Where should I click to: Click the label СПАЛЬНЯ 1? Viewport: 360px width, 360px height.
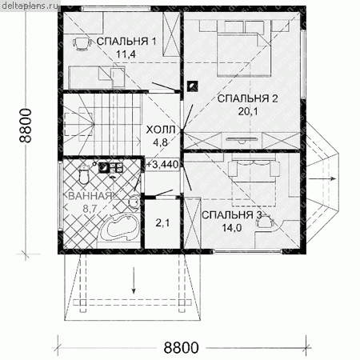pyautogui.click(x=126, y=42)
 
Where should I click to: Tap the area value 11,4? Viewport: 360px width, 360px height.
pyautogui.click(x=126, y=54)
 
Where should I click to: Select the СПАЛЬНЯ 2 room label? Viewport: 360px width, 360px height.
pyautogui.click(x=248, y=98)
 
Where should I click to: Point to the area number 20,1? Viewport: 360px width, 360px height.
pyautogui.click(x=248, y=111)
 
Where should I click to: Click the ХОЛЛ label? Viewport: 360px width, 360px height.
pyautogui.click(x=161, y=130)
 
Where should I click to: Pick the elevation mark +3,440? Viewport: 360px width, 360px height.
pyautogui.click(x=162, y=164)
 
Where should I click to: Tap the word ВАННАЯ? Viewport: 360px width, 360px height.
pyautogui.click(x=90, y=196)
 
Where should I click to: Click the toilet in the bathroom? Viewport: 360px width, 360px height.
pyautogui.click(x=83, y=174)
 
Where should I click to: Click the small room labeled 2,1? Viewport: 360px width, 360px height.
pyautogui.click(x=162, y=223)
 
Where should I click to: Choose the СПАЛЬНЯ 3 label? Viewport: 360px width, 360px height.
pyautogui.click(x=231, y=215)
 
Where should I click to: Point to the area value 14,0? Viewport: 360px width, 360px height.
pyautogui.click(x=231, y=228)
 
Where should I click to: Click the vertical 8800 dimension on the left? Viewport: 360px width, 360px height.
pyautogui.click(x=26, y=126)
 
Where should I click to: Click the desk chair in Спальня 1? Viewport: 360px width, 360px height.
pyautogui.click(x=81, y=43)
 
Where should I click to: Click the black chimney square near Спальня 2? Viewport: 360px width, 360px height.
pyautogui.click(x=192, y=86)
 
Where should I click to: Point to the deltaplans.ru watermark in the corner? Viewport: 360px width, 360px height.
pyautogui.click(x=30, y=5)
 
